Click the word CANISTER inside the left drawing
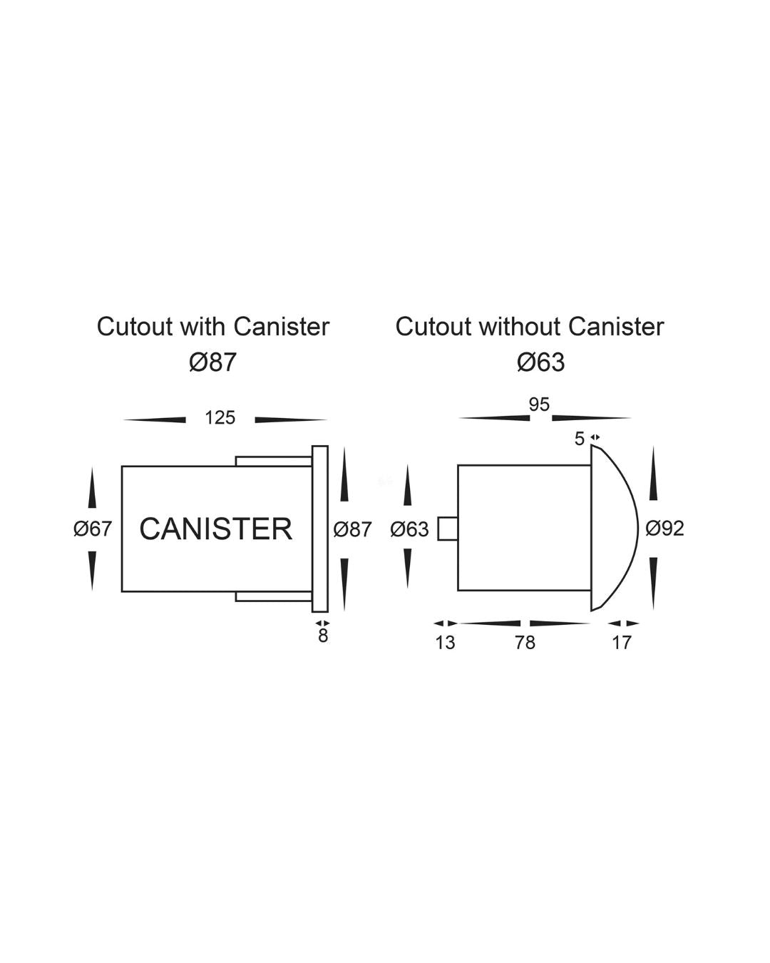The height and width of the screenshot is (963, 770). [215, 529]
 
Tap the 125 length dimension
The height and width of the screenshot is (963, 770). [220, 418]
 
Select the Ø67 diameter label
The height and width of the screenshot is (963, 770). [93, 529]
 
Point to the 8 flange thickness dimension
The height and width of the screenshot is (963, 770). [323, 636]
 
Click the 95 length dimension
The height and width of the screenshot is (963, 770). [539, 404]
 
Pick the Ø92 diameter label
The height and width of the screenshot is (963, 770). [664, 529]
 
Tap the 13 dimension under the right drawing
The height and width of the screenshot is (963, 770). [445, 643]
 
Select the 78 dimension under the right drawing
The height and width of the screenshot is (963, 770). [525, 643]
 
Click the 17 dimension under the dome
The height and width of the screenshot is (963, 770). [622, 643]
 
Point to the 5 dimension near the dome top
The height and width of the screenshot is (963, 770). [580, 439]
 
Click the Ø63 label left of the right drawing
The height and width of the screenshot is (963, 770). [410, 529]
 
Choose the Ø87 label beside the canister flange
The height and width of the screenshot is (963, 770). [352, 529]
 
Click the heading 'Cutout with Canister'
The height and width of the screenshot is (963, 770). [213, 327]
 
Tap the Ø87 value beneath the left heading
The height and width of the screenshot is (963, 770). [212, 362]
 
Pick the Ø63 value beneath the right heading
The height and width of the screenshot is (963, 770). [540, 362]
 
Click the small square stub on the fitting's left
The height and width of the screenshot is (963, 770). [448, 529]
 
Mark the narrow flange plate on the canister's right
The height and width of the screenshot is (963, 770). [320, 529]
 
